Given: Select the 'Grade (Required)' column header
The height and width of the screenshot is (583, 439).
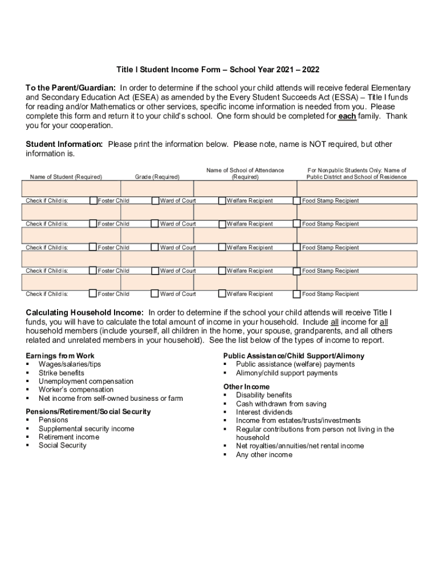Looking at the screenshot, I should pyautogui.click(x=157, y=177).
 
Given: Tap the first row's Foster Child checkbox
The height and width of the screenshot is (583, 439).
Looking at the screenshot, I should pyautogui.click(x=94, y=200).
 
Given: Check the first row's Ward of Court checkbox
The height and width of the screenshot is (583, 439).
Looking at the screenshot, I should pyautogui.click(x=155, y=200).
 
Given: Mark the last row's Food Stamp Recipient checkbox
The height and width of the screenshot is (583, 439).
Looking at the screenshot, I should pyautogui.click(x=296, y=294).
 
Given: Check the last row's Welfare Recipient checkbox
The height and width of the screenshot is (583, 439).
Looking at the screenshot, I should pyautogui.click(x=222, y=294).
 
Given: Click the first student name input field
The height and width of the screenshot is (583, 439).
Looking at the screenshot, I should pyautogui.click(x=71, y=188).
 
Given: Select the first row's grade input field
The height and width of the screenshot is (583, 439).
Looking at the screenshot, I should pyautogui.click(x=157, y=188).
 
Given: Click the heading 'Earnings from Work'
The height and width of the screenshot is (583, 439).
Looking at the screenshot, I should pyautogui.click(x=60, y=356).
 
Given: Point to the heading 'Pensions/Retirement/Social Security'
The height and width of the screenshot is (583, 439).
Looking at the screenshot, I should pyautogui.click(x=88, y=412).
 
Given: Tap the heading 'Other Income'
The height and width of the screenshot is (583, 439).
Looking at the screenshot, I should pyautogui.click(x=246, y=387).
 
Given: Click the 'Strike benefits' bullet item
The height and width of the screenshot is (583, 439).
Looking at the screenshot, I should pyautogui.click(x=61, y=373).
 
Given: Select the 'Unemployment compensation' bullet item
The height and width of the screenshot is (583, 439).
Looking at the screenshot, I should pyautogui.click(x=86, y=381).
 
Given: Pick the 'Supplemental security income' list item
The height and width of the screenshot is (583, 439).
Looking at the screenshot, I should pyautogui.click(x=86, y=429).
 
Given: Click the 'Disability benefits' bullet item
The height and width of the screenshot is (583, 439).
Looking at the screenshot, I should pyautogui.click(x=263, y=395).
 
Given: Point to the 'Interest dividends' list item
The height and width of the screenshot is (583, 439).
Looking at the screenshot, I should pyautogui.click(x=264, y=412).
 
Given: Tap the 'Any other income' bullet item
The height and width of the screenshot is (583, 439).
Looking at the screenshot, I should pyautogui.click(x=264, y=455).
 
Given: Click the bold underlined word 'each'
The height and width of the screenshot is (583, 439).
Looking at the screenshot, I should pyautogui.click(x=347, y=116).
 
